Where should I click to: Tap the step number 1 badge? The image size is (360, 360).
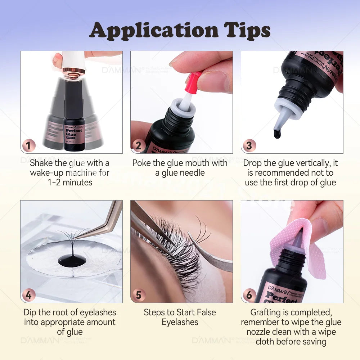[29, 146]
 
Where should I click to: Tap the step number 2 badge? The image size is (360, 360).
[139, 146]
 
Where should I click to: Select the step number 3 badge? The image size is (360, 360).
[249, 146]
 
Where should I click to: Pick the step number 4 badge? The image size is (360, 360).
[29, 295]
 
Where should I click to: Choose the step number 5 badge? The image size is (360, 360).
[139, 295]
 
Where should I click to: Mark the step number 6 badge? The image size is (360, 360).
[249, 295]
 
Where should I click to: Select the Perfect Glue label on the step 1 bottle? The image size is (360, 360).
[74, 131]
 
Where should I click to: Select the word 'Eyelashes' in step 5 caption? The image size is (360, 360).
[180, 322]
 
